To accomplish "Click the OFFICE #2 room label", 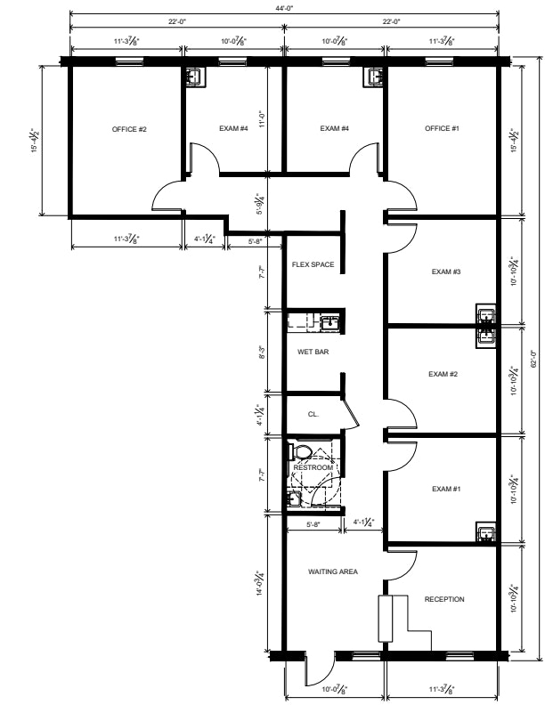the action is [129, 129].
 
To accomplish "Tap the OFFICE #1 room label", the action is [442, 128].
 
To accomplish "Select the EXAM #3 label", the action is [446, 271].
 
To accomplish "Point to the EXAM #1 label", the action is [446, 489].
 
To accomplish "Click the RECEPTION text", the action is [444, 599].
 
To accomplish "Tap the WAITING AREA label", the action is [333, 571].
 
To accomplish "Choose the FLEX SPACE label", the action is [313, 265].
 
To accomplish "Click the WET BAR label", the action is [313, 352].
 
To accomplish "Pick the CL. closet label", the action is [313, 414].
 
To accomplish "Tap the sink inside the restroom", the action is [294, 499].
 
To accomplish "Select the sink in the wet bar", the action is [329, 322].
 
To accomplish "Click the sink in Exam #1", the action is [486, 533].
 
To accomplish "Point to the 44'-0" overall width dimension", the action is [284, 8].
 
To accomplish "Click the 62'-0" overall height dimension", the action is [533, 359].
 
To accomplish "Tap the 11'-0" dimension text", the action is [263, 119].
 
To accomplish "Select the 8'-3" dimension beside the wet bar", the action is [262, 352].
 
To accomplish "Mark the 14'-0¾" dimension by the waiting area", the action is [260, 583].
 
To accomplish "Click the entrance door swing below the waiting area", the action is [321, 669].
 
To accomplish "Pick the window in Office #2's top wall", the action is [129, 61].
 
